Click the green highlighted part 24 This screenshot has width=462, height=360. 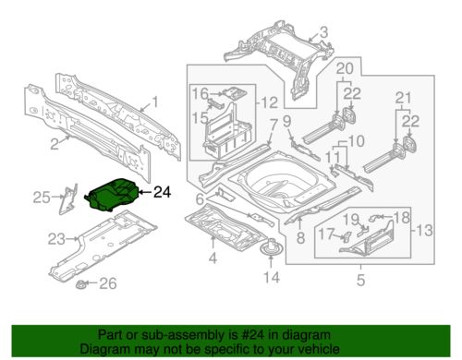point(113,195)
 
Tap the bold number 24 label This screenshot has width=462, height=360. point(162,193)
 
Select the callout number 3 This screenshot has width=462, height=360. point(323,32)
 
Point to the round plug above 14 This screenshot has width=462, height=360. point(271,246)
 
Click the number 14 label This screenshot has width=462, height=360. point(272,277)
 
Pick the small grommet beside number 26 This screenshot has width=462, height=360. point(81,285)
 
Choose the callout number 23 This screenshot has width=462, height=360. point(56,239)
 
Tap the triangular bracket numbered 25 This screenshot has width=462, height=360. point(68,198)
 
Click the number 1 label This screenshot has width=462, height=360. point(155,102)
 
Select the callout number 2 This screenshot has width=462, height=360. point(55,144)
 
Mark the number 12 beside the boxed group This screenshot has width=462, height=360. point(270,102)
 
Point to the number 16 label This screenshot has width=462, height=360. point(201,93)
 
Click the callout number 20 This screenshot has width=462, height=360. point(345,68)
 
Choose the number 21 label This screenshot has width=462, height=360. point(404,98)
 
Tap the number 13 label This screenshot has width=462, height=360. point(424,230)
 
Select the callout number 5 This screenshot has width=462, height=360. point(360,280)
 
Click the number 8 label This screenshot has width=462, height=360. point(300,238)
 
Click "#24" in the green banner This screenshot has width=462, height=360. point(253,335)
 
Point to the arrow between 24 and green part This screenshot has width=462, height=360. point(145,192)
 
